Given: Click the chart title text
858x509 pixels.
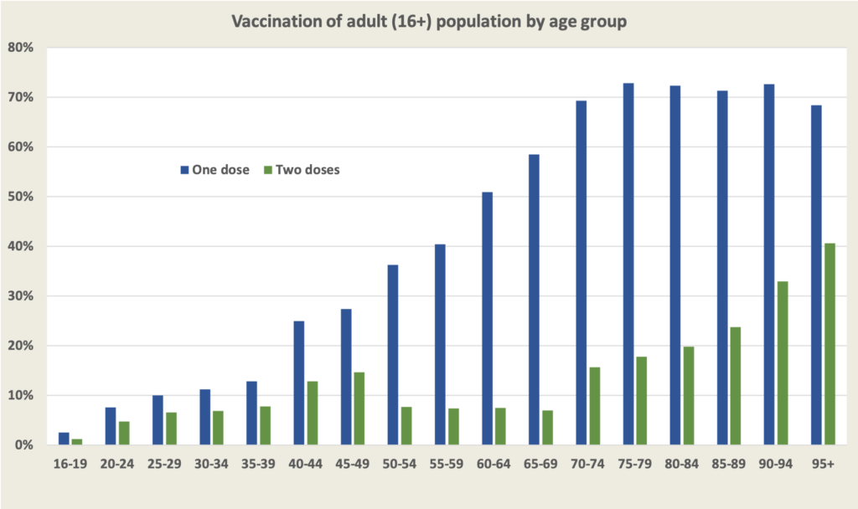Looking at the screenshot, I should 428,22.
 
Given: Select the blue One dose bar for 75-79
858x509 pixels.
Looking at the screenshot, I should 628,264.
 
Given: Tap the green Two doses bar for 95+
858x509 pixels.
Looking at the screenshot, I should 830,344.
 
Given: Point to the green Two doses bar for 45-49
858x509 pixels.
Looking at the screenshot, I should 359,409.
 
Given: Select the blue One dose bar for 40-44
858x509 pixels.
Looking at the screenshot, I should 299,383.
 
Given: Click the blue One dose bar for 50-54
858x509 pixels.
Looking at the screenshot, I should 393,355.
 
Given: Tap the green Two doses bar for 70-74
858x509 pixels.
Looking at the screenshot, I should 595,406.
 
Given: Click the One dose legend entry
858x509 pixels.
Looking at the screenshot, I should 214,169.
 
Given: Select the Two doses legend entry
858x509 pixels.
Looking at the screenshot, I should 302,169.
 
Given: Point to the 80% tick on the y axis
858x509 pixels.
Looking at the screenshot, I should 20,48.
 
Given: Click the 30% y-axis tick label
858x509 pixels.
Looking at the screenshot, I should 20,296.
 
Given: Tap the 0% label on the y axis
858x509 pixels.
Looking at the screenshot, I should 23,445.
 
